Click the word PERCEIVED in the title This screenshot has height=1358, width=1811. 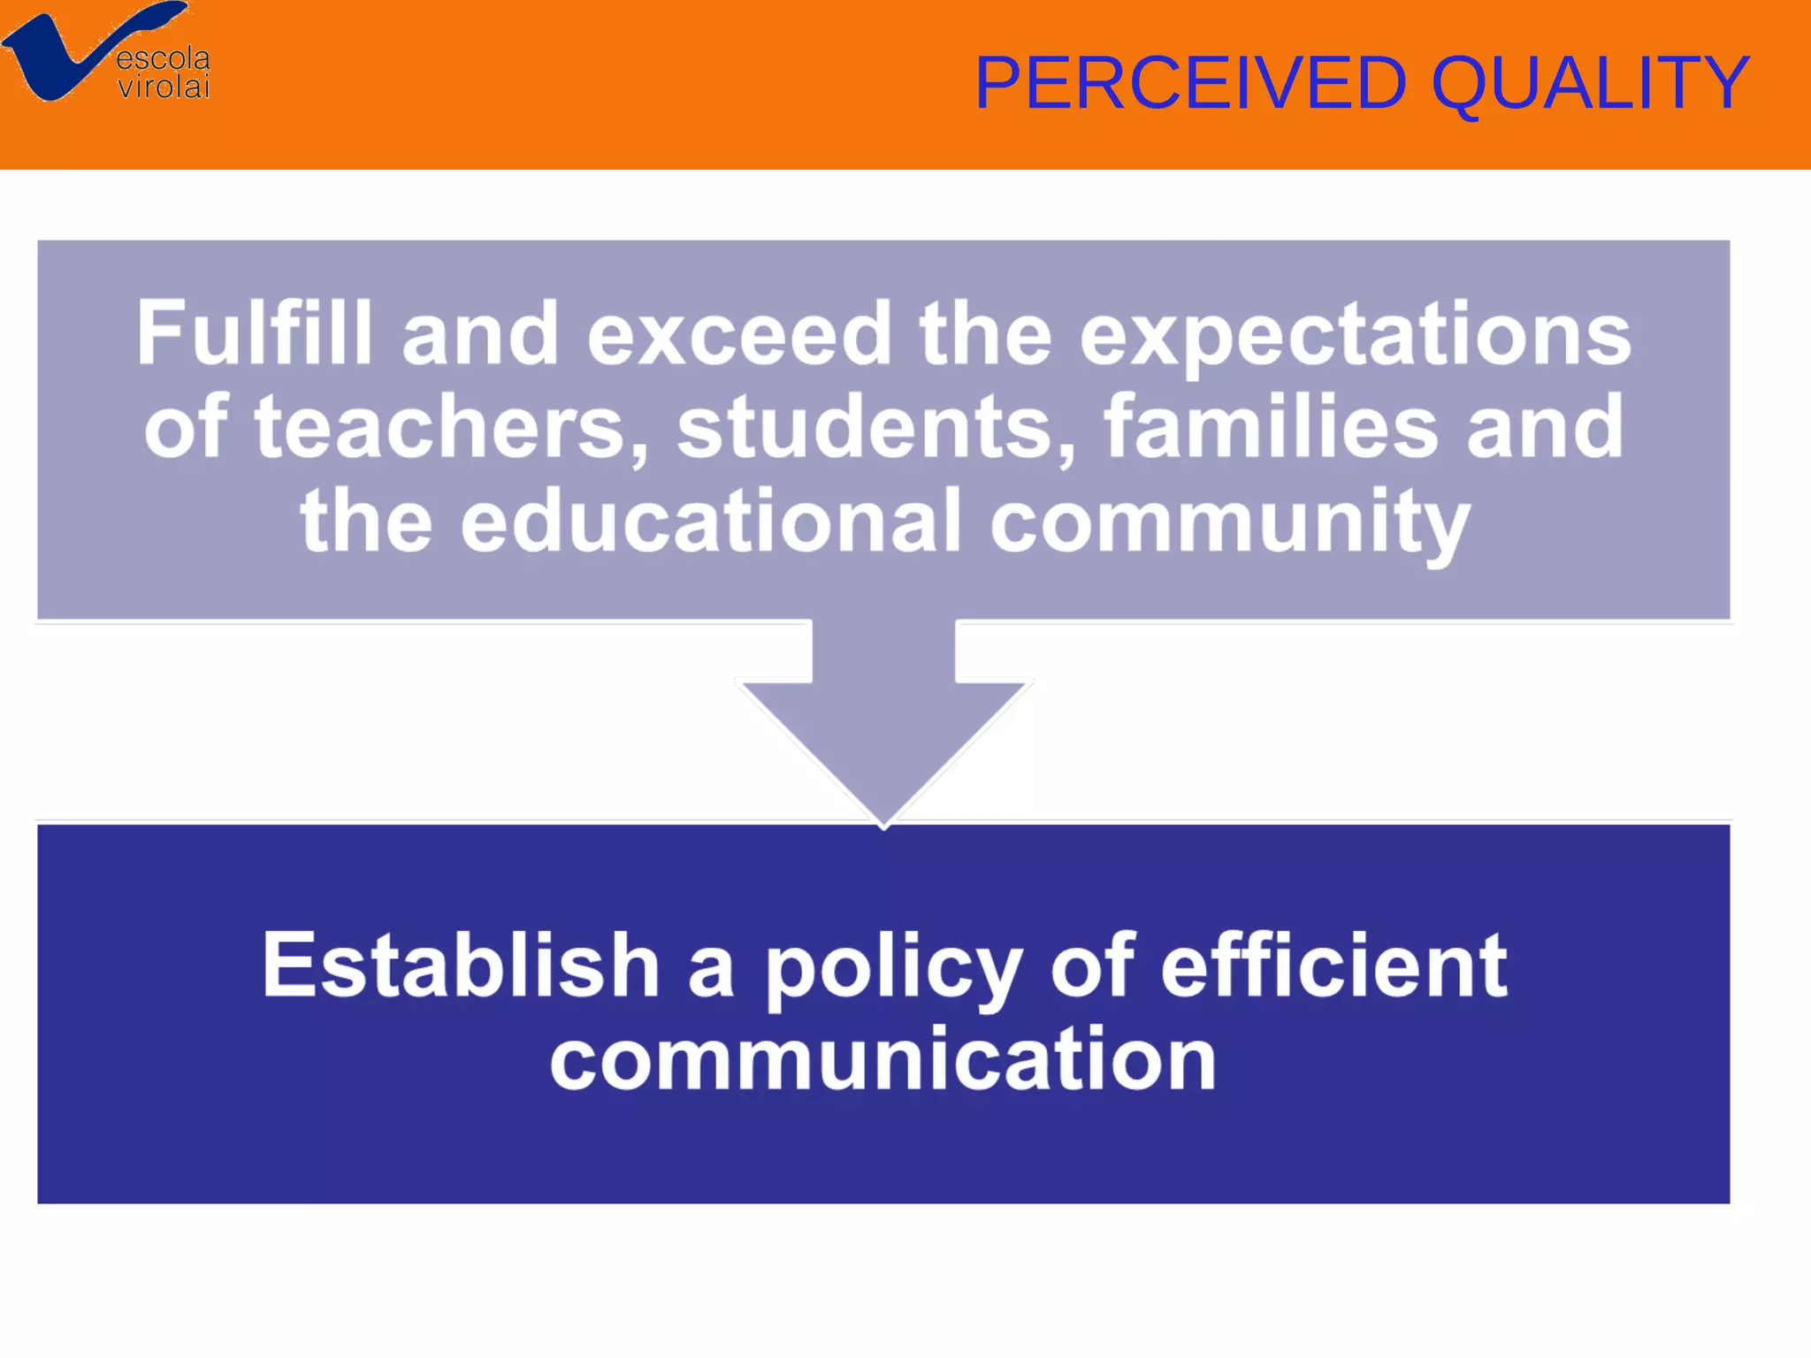[1190, 82]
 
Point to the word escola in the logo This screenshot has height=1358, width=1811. [164, 59]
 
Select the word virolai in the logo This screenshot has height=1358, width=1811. [164, 87]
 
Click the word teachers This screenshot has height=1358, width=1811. [451, 428]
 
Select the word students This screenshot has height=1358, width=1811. [876, 428]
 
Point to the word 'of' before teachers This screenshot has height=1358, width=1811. [186, 428]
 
